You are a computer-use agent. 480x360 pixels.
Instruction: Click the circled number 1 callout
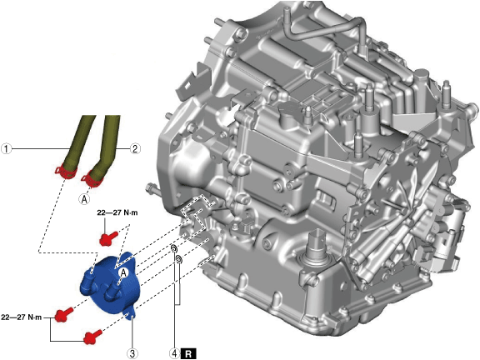coord(6,149)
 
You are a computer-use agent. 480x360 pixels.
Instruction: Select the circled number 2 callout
coord(135,149)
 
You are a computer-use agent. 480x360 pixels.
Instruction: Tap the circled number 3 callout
coord(132,353)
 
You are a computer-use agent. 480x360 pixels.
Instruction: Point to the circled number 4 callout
coord(174,353)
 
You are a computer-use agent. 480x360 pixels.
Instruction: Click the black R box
coord(188,354)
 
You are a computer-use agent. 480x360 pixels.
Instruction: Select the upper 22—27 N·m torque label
coord(117,212)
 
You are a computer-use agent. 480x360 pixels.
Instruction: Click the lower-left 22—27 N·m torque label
coord(21,317)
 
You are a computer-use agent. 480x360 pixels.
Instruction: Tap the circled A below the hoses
coord(84,199)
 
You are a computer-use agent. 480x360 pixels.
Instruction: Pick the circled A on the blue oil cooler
coord(123,273)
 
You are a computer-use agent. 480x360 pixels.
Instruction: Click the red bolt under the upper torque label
coord(108,238)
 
